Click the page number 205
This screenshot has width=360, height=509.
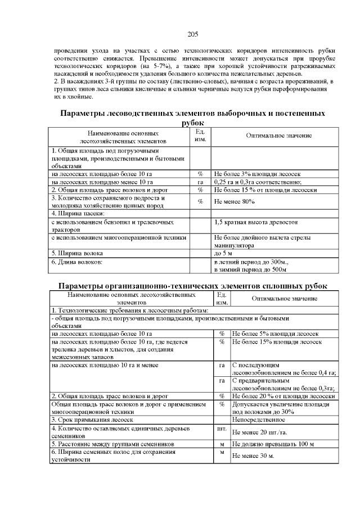193,34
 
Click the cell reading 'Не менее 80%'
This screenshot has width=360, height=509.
231,202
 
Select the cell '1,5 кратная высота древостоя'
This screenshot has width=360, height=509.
255,222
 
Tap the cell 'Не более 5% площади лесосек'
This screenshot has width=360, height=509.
276,334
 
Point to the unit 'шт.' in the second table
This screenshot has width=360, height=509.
221,429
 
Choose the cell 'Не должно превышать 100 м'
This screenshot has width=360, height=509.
273,444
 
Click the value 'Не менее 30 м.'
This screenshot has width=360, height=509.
253,456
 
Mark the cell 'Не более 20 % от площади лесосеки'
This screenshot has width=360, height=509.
283,396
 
